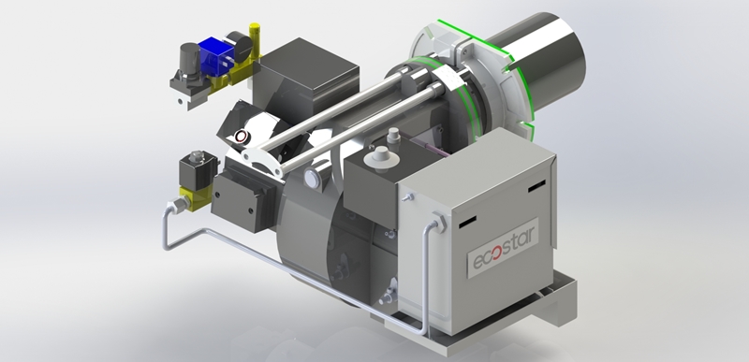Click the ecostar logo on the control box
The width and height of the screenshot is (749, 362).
coord(503,248)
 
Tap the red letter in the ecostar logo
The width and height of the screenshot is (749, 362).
coord(496,253)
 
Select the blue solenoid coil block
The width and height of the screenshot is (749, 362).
coord(215,56)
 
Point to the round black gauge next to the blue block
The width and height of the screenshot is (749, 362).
coord(239,46)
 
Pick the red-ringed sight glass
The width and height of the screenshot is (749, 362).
coord(242,137)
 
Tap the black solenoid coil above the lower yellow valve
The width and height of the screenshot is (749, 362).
coord(198,170)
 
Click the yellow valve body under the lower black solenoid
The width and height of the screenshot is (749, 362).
coord(197,197)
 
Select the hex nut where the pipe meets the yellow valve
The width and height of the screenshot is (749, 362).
coord(179,206)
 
